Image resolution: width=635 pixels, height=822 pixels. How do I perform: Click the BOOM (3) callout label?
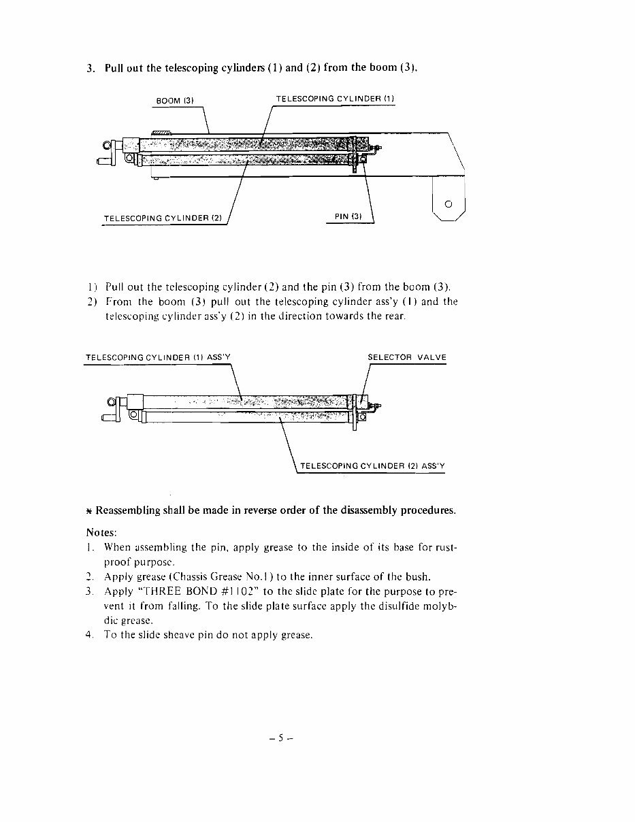tap(176, 101)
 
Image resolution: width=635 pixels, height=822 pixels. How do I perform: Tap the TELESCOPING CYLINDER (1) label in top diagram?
tap(335, 99)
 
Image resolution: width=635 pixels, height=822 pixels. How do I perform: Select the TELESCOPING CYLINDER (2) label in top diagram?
tap(163, 218)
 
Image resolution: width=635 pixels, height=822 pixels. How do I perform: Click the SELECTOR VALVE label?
tap(407, 358)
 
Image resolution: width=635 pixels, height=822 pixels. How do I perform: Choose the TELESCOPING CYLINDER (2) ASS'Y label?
tap(372, 466)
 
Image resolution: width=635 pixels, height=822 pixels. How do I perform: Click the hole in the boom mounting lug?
tap(448, 203)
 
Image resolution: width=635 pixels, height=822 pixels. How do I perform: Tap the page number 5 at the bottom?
tap(280, 737)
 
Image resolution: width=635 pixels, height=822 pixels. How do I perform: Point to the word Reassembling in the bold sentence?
tap(129, 510)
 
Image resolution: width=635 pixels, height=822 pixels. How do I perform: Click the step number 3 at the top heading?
tap(91, 68)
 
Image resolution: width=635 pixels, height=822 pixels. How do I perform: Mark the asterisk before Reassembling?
tap(89, 511)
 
